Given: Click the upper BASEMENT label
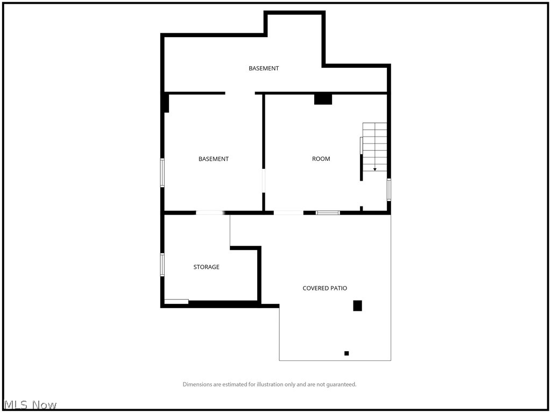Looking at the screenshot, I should [x=264, y=68].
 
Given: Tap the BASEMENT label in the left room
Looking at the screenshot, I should [x=214, y=159].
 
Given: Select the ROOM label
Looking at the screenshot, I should [x=321, y=159].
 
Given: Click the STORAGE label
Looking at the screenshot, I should [x=207, y=267].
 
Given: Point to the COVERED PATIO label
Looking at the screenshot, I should [x=324, y=288].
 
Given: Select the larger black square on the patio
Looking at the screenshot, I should [x=357, y=305].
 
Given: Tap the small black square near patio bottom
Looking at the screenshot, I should [x=347, y=353].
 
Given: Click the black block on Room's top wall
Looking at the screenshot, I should [x=323, y=99].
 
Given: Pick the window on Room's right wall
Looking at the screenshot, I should [x=388, y=190].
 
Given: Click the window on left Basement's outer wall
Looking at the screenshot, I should [x=162, y=173].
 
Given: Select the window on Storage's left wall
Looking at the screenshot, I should [x=162, y=265].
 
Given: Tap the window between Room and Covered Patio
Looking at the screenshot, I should [x=328, y=213].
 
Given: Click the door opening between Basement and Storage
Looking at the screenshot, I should [x=210, y=213].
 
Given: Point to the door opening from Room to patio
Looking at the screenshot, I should [x=288, y=213].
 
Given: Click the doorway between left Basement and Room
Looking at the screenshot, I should [x=263, y=181].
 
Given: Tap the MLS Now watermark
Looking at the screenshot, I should [x=30, y=404].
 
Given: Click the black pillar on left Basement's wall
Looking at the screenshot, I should [x=166, y=103].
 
